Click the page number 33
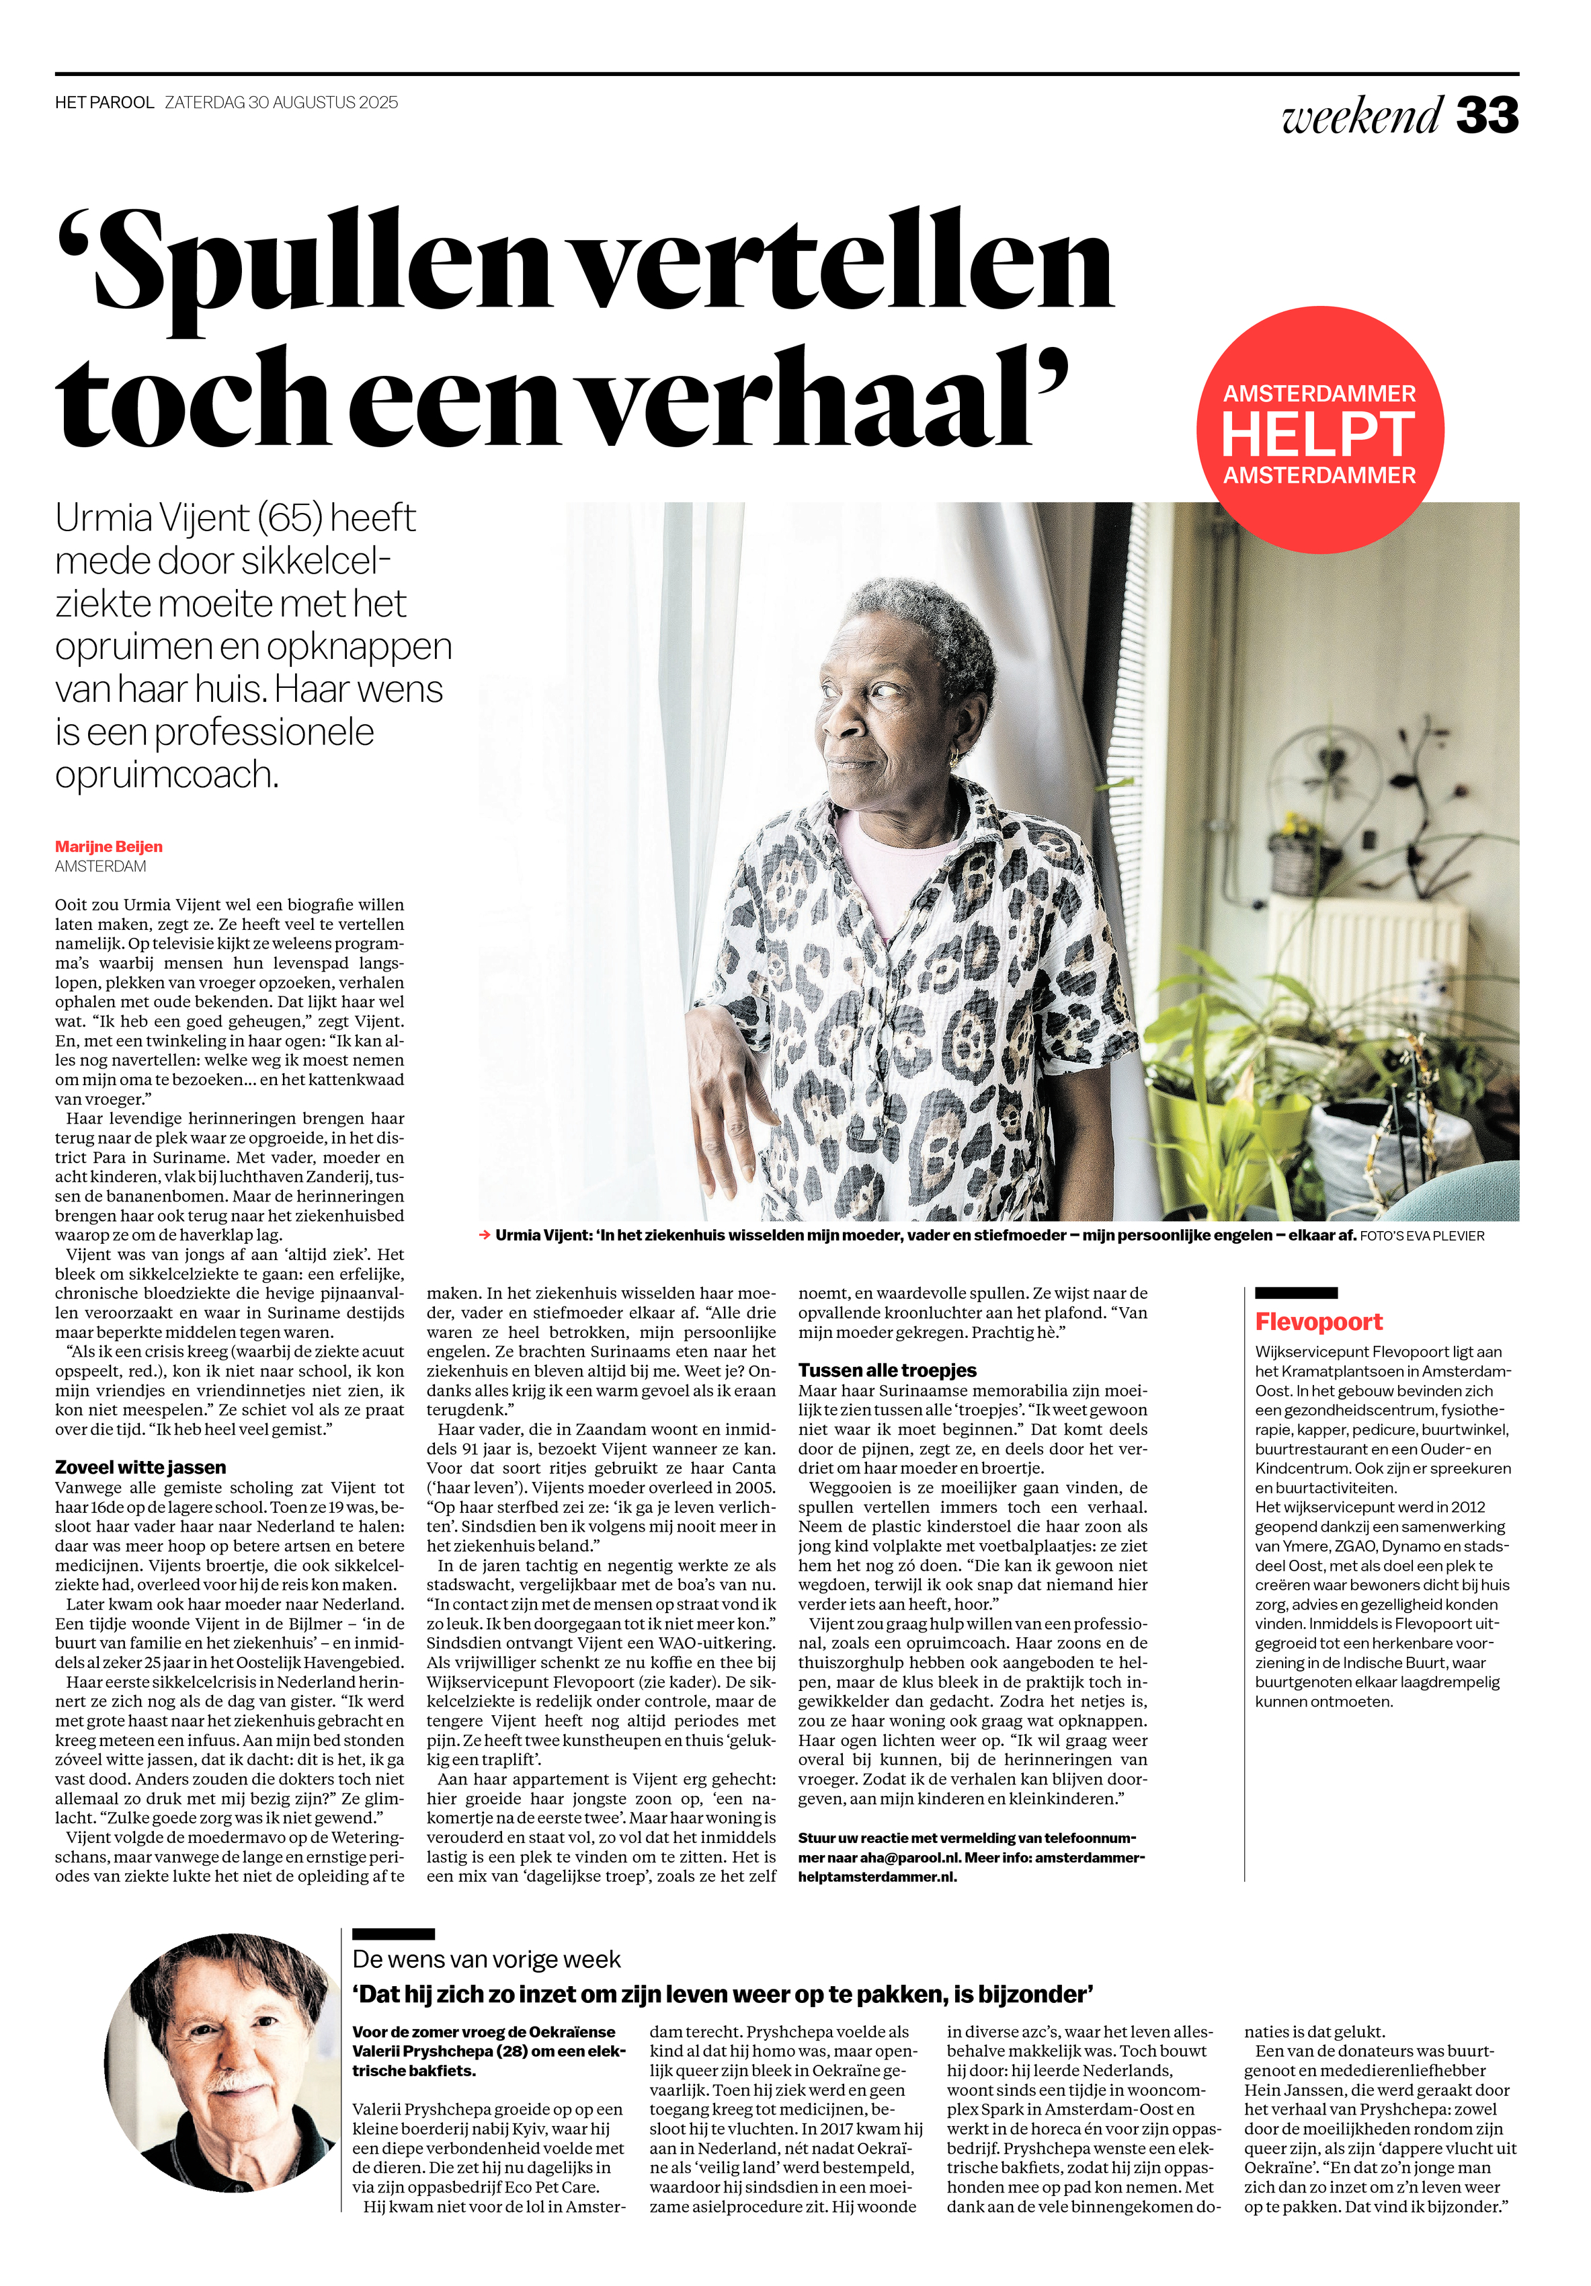pyautogui.click(x=1486, y=116)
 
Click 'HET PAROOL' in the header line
pyautogui.click(x=105, y=103)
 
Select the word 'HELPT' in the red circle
pyautogui.click(x=1317, y=435)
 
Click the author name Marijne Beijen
pyautogui.click(x=108, y=846)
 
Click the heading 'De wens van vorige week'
pyautogui.click(x=486, y=1959)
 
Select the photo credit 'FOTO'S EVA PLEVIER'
pyautogui.click(x=1422, y=1236)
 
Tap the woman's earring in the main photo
pyautogui.click(x=954, y=758)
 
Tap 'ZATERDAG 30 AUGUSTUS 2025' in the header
pyautogui.click(x=281, y=103)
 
